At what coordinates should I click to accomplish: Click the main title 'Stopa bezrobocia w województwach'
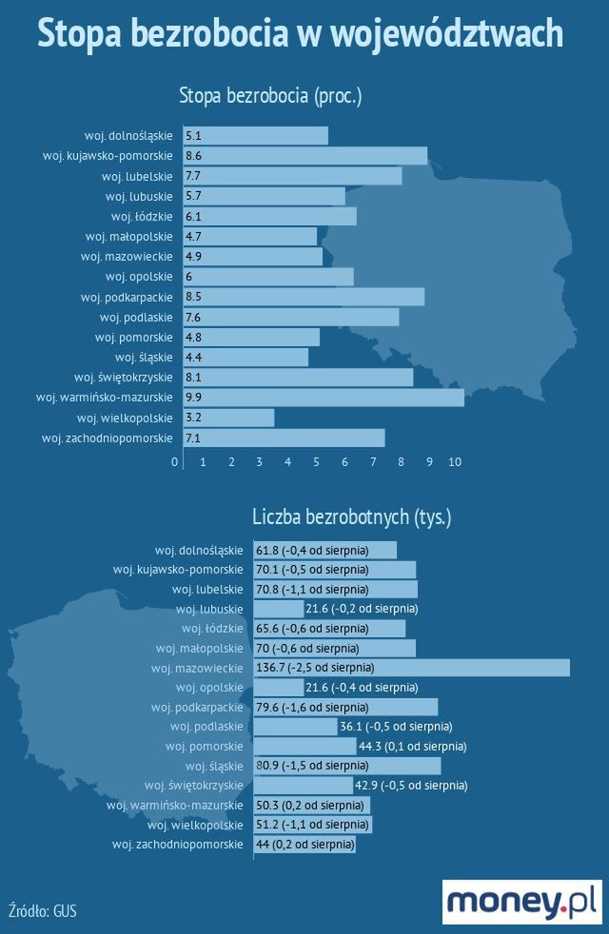300,34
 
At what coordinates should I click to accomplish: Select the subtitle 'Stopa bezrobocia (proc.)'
271,95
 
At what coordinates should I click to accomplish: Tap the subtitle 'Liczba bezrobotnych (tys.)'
351,517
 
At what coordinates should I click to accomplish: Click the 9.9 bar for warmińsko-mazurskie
324,398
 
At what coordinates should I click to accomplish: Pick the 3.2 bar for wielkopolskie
228,418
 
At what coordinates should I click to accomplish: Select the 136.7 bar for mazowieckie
411,668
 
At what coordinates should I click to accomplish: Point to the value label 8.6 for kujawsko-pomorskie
194,156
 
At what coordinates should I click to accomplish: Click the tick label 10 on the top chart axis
455,461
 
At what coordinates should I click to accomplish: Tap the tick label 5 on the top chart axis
316,461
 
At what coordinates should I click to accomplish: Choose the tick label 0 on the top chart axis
175,461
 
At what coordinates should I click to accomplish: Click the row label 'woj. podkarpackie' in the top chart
133,297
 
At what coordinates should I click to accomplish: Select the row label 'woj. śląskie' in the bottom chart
214,766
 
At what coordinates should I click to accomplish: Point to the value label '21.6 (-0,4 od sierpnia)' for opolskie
361,687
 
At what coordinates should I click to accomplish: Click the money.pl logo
521,902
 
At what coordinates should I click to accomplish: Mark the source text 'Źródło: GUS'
42,910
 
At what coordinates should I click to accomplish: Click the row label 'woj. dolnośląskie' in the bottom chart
199,550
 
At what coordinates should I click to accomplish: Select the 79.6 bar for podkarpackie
344,707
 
